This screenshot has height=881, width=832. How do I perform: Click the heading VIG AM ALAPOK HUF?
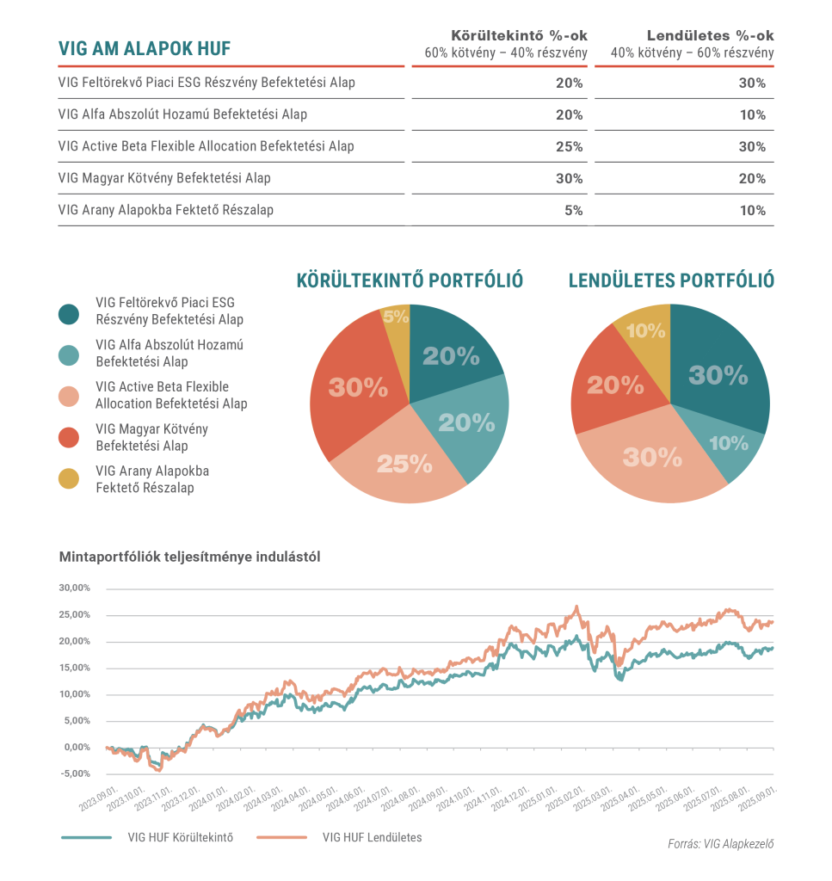(145, 48)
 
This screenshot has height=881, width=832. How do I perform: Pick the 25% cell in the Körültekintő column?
(569, 146)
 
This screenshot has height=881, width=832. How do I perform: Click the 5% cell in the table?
(573, 210)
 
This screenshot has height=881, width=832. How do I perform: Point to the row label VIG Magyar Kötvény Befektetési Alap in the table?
(164, 178)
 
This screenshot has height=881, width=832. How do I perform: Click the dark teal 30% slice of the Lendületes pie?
(718, 375)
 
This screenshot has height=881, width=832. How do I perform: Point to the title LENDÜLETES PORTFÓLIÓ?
(671, 280)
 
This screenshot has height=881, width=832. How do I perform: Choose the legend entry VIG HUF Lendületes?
(372, 837)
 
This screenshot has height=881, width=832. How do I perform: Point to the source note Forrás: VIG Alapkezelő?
(720, 844)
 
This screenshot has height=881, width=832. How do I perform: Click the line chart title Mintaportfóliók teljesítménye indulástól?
(189, 557)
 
